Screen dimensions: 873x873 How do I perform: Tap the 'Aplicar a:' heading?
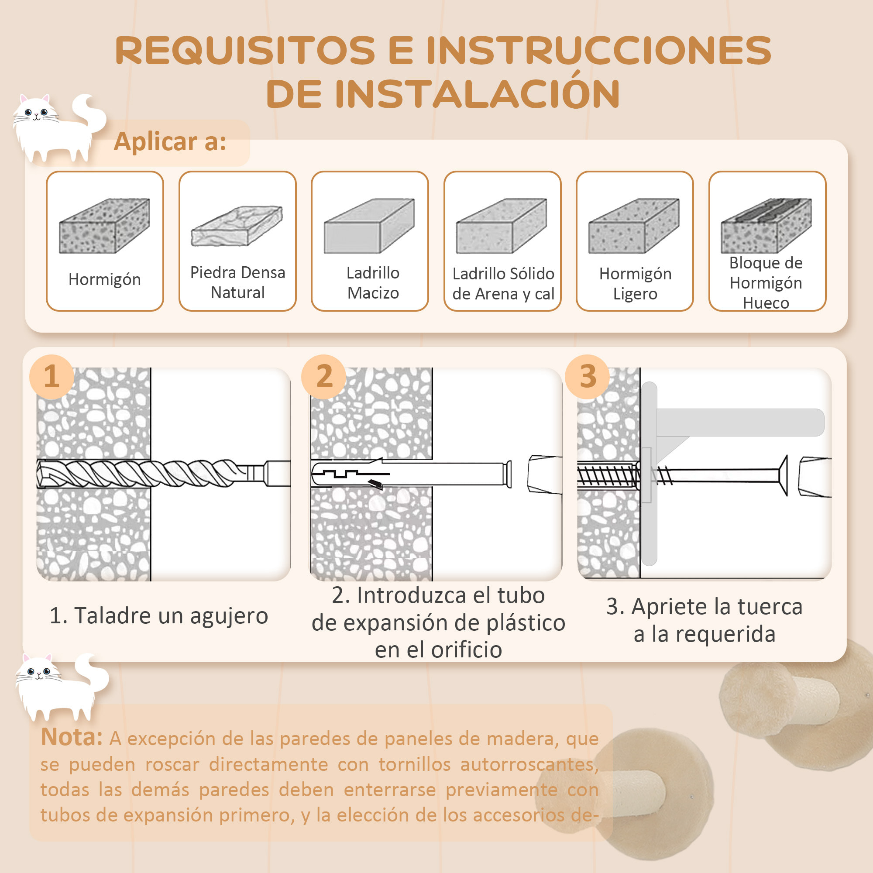170,142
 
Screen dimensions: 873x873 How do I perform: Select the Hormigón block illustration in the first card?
104,226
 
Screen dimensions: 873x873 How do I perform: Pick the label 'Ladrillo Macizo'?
373,283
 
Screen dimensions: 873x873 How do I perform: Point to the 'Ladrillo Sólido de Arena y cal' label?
503,284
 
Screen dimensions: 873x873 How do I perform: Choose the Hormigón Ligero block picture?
633,226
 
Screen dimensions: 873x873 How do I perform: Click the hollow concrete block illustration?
766,226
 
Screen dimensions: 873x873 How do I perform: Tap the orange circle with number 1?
52,376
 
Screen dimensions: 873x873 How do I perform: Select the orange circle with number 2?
324,376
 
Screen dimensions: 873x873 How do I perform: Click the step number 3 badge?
588,376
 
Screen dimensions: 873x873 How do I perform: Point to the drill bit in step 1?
149,473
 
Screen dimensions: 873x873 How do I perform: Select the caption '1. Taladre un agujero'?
158,615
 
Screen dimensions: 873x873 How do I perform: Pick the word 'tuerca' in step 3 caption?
768,606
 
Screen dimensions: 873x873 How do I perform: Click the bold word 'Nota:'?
72,737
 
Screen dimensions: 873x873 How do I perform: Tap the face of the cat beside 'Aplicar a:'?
36,113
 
